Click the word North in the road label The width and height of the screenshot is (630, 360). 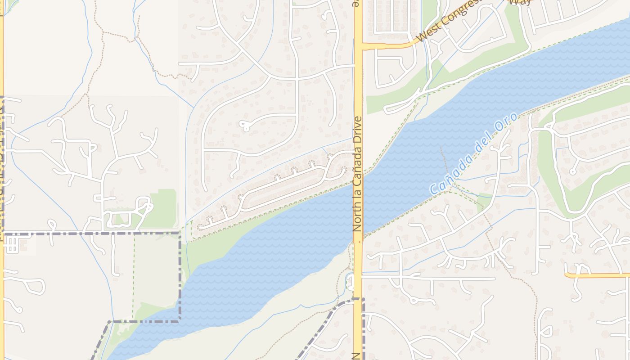[x=358, y=219]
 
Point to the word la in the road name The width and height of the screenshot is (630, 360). [x=358, y=198]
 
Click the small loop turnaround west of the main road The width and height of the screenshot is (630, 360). [x=246, y=126]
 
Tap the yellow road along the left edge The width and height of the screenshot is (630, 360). [x=1, y=180]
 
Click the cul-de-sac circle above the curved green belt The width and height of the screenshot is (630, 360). [x=572, y=171]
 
